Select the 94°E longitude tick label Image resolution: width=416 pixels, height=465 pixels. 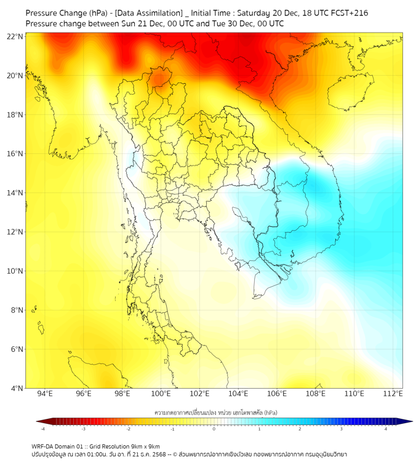[x=45, y=394]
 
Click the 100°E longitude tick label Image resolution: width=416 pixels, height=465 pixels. [x=161, y=394]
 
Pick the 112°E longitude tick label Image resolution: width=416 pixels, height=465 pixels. [x=393, y=394]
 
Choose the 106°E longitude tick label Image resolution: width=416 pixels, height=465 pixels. [x=277, y=394]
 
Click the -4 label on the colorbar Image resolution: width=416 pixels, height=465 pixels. [x=42, y=429]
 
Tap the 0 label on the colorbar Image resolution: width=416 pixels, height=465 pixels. [x=214, y=429]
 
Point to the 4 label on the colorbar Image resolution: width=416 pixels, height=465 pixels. [x=386, y=429]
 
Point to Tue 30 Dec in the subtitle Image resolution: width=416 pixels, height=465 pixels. [x=226, y=23]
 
